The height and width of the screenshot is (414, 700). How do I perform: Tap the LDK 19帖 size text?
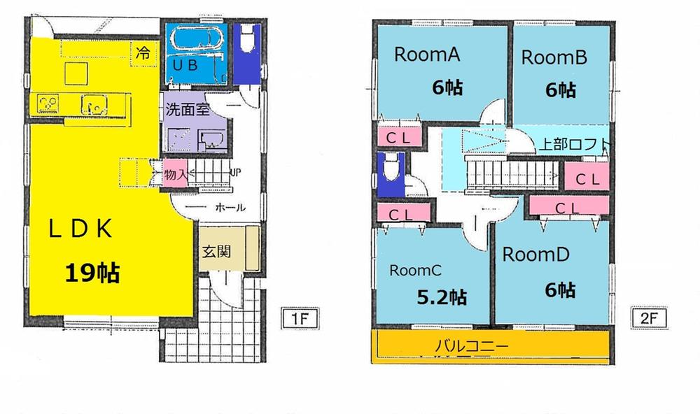tap(92, 272)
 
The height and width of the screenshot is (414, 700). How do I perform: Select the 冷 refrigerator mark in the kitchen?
tap(143, 52)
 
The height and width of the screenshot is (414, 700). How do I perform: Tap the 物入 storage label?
tap(174, 175)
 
